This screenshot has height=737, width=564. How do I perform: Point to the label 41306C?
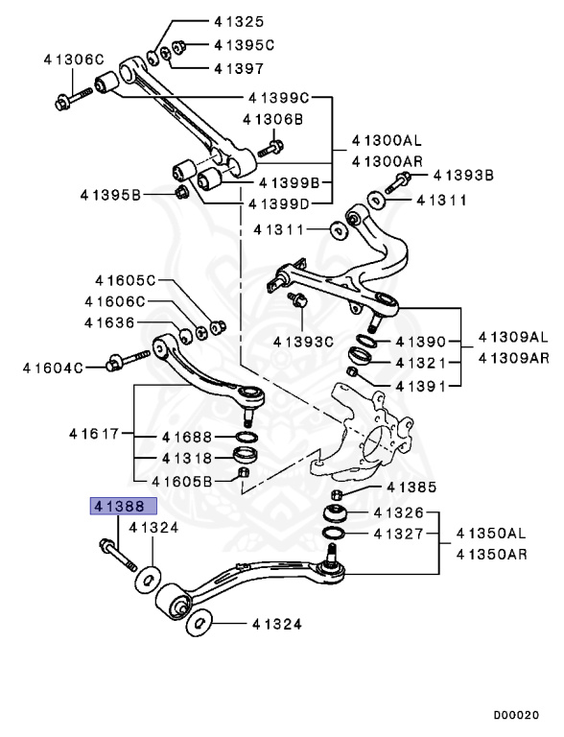coord(73,59)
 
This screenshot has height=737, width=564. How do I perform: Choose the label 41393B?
coord(463,175)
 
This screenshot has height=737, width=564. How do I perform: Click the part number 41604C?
coord(48,367)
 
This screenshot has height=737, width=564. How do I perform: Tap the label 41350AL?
coord(491,532)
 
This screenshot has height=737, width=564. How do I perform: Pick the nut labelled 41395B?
coord(180,195)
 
